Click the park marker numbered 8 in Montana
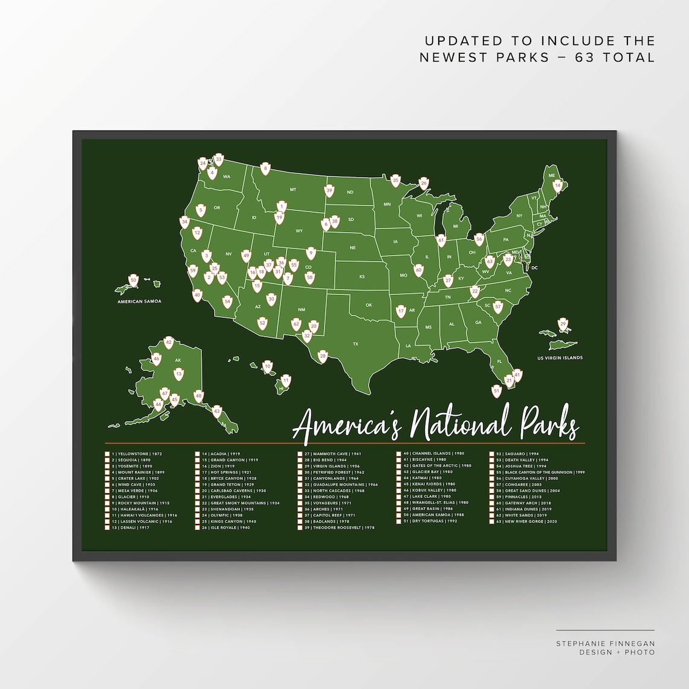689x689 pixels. [x=265, y=169]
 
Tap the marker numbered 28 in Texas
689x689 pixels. [x=323, y=357]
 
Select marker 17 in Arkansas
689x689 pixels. [x=401, y=311]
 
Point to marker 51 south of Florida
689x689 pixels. [x=497, y=391]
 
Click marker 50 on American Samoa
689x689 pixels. [x=134, y=280]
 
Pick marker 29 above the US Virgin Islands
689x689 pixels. [x=563, y=325]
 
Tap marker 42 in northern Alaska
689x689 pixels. [x=169, y=343]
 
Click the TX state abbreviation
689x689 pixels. [x=355, y=344]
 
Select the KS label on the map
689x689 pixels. [x=362, y=276]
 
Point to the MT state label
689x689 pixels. [x=293, y=189]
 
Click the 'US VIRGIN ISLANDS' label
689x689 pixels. [x=560, y=358]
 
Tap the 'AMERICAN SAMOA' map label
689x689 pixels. [x=139, y=301]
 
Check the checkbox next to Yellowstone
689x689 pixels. [x=107, y=453]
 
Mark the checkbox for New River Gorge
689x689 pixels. [x=491, y=521]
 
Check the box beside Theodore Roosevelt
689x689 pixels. [x=300, y=528]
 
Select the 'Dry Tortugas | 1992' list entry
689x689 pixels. [x=434, y=521]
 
